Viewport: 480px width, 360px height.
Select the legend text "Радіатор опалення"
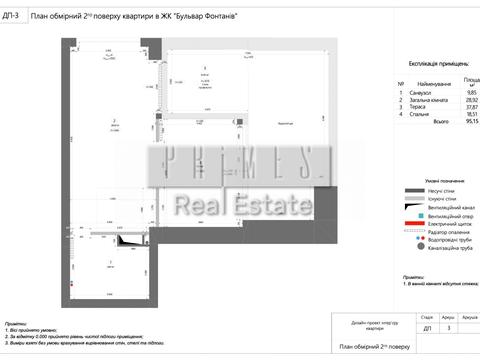[444, 232]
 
